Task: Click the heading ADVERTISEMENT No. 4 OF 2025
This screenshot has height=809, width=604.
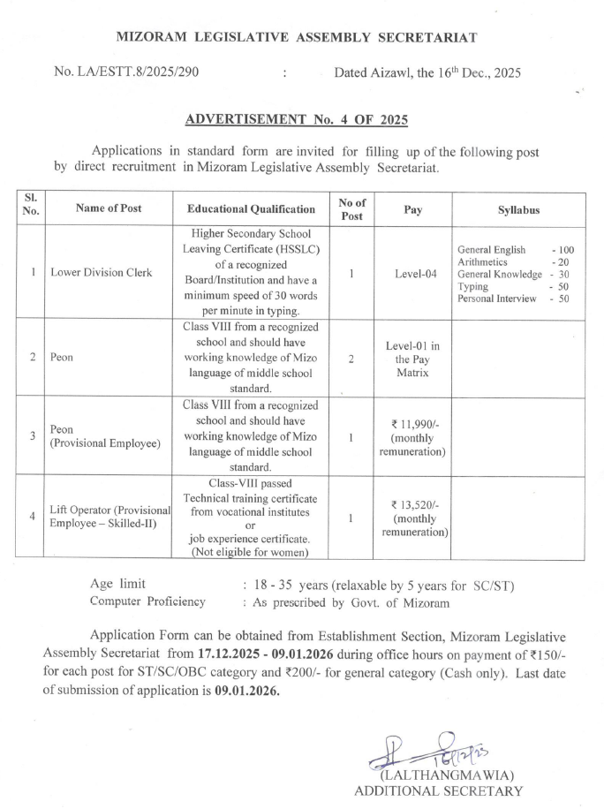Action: pyautogui.click(x=297, y=118)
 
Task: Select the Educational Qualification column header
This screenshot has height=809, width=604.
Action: pyautogui.click(x=252, y=209)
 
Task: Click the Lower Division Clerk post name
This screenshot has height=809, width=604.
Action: pyautogui.click(x=101, y=273)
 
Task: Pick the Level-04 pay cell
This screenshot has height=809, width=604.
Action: pyautogui.click(x=412, y=274)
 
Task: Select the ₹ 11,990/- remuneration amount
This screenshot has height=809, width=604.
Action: pyautogui.click(x=412, y=424)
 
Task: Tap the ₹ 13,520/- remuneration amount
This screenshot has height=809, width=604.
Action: pyautogui.click(x=412, y=504)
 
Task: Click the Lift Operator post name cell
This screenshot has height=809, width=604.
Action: pyautogui.click(x=109, y=518)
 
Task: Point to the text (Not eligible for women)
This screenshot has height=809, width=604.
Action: pyautogui.click(x=251, y=552)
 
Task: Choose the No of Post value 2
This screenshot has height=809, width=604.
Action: pyautogui.click(x=351, y=359)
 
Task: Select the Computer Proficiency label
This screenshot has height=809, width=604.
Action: pyautogui.click(x=147, y=601)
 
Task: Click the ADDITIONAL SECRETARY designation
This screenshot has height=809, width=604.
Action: pyautogui.click(x=437, y=790)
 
